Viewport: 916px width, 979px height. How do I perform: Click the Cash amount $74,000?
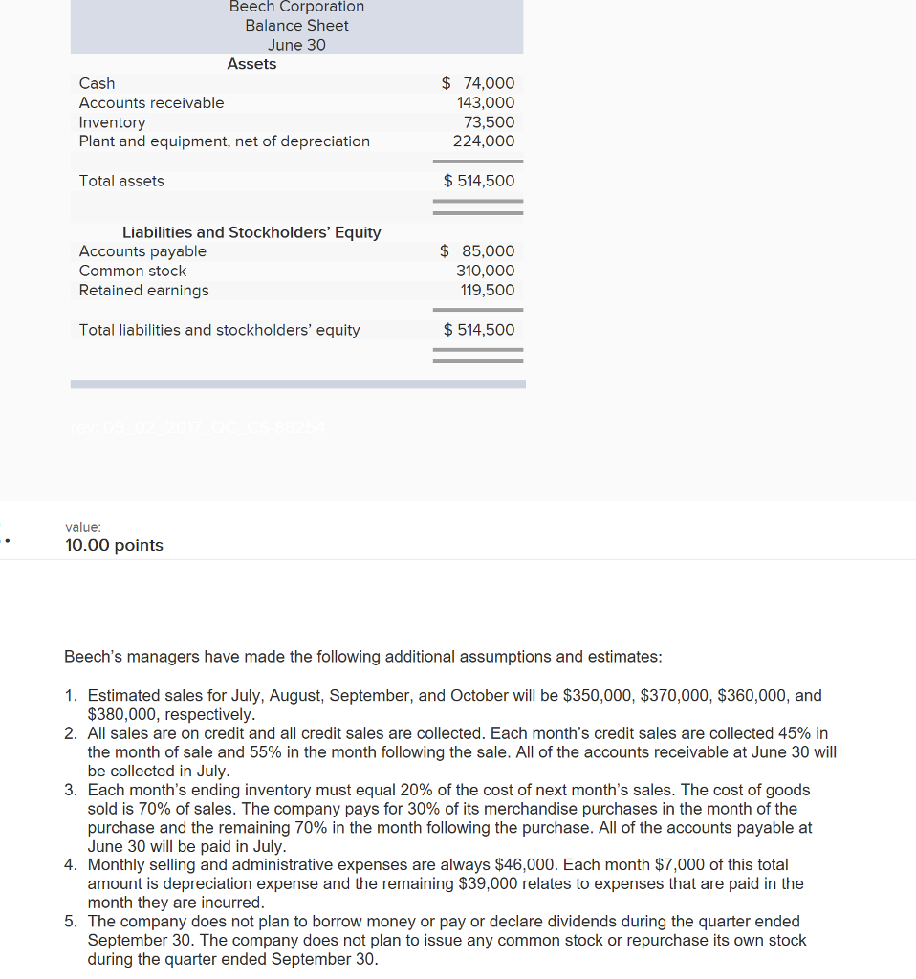[478, 83]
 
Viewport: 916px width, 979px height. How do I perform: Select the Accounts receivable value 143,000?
[486, 102]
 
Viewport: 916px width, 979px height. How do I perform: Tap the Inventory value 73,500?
[489, 122]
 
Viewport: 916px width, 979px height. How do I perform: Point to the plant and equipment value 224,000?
[484, 141]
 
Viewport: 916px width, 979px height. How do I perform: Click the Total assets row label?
[121, 181]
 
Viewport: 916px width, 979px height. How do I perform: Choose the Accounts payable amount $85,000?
[477, 251]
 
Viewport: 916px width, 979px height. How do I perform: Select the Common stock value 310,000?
[485, 271]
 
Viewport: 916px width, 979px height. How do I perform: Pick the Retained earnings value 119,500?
[487, 290]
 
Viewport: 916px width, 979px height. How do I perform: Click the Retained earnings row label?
[143, 290]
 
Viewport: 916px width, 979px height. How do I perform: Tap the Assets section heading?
[251, 64]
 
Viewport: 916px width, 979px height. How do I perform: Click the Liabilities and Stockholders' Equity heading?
[251, 232]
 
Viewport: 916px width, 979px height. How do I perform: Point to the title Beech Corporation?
[296, 7]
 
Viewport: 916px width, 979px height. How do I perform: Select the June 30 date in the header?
[296, 45]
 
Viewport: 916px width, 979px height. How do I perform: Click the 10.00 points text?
[114, 545]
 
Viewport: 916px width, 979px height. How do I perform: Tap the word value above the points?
[83, 527]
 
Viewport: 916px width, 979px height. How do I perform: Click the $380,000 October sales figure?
[119, 714]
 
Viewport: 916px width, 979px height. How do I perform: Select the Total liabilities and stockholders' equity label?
[219, 330]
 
